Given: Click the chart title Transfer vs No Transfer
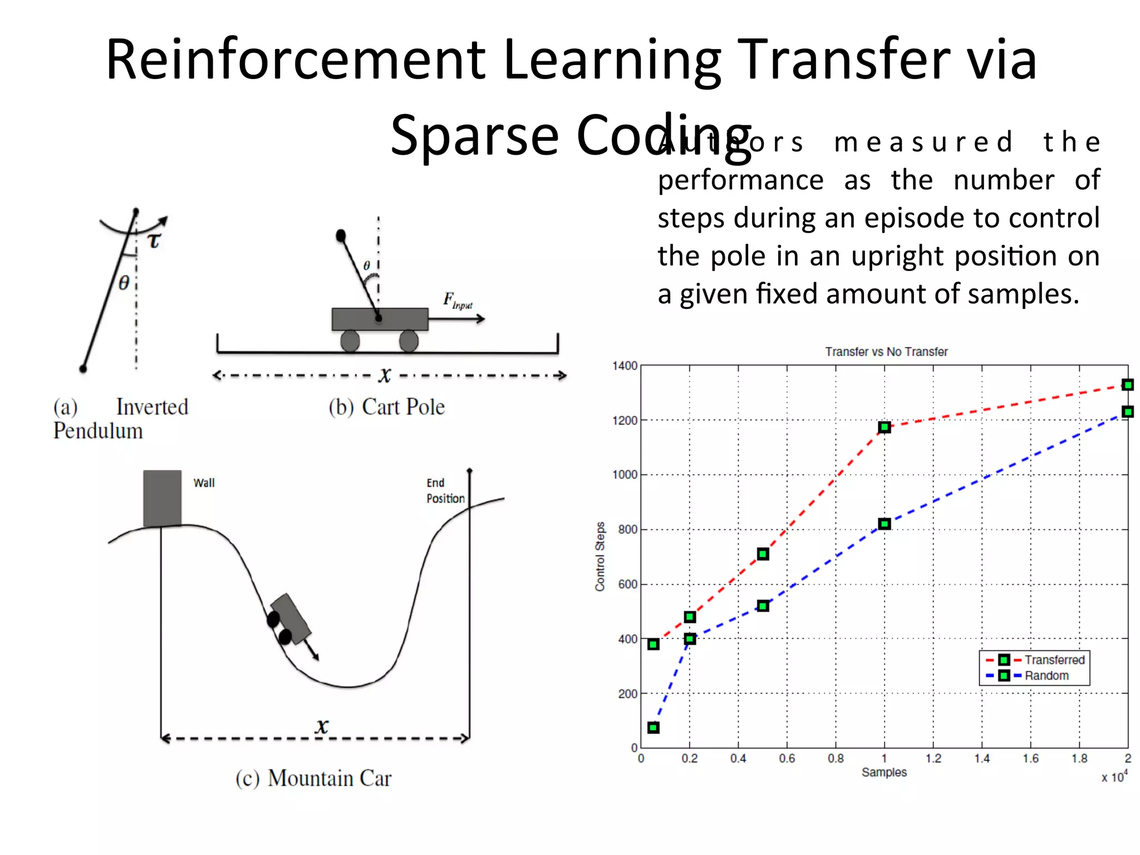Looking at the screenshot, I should pyautogui.click(x=886, y=352).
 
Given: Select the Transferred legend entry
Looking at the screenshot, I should pyautogui.click(x=1054, y=660).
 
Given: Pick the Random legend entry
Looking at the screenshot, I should pyautogui.click(x=1046, y=676).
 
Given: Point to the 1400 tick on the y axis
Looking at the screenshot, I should pyautogui.click(x=625, y=366).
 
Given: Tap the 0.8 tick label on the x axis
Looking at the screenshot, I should pyautogui.click(x=836, y=759).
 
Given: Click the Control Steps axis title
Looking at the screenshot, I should pyautogui.click(x=600, y=556).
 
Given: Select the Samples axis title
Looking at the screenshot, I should pyautogui.click(x=884, y=773).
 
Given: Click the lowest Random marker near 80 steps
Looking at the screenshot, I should pyautogui.click(x=653, y=728).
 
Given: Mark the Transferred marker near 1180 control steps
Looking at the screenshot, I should pyautogui.click(x=885, y=427).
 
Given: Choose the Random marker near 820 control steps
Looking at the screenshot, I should pyautogui.click(x=885, y=524).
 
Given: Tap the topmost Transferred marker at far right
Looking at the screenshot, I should pyautogui.click(x=1128, y=385).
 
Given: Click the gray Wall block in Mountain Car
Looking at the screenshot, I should pyautogui.click(x=162, y=498).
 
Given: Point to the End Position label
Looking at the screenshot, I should pyautogui.click(x=445, y=491).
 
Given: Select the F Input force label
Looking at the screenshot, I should pyautogui.click(x=457, y=301).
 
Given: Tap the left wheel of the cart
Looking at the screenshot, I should pyautogui.click(x=350, y=341).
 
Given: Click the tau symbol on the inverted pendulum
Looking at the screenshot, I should pyautogui.click(x=154, y=240).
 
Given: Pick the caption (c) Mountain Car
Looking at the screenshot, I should pyautogui.click(x=313, y=778).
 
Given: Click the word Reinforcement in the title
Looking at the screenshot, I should pyautogui.click(x=296, y=60).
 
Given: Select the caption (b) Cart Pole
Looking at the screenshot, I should pyautogui.click(x=386, y=407).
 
